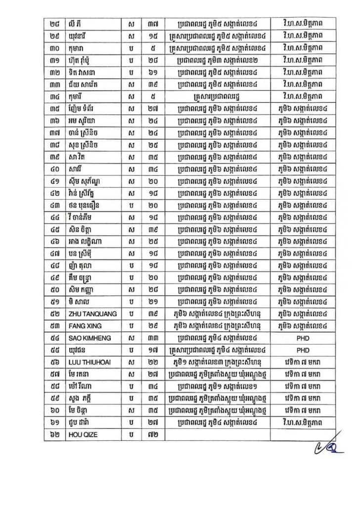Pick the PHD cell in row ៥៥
tap(302, 351)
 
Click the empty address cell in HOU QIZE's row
tap(218, 434)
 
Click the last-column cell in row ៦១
tap(302, 422)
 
